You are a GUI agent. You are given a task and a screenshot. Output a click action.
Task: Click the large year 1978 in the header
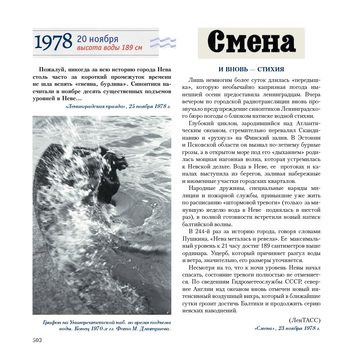pyautogui.click(x=53, y=42)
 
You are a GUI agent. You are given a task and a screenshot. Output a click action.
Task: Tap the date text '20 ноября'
pyautogui.click(x=98, y=39)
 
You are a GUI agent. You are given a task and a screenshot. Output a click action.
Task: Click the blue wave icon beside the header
pyautogui.click(x=163, y=42)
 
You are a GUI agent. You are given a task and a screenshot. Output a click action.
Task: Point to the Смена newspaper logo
pyautogui.click(x=251, y=43)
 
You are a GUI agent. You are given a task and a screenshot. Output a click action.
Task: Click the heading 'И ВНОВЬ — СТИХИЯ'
pyautogui.click(x=251, y=69)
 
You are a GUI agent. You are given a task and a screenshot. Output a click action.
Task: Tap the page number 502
pyautogui.click(x=37, y=340)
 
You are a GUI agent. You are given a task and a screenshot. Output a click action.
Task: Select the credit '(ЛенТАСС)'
pyautogui.click(x=304, y=320)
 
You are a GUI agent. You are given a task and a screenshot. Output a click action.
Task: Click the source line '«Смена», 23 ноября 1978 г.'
pyautogui.click(x=287, y=328)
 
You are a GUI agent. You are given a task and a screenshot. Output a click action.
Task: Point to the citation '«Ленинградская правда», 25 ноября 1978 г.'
pyautogui.click(x=118, y=106)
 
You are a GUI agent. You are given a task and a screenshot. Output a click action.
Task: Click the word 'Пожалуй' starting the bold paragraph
pyautogui.click(x=52, y=69)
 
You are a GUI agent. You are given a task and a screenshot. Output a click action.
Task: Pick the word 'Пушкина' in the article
pyautogui.click(x=194, y=238)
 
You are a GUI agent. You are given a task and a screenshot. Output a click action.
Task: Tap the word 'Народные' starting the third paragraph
pyautogui.click(x=202, y=188)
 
